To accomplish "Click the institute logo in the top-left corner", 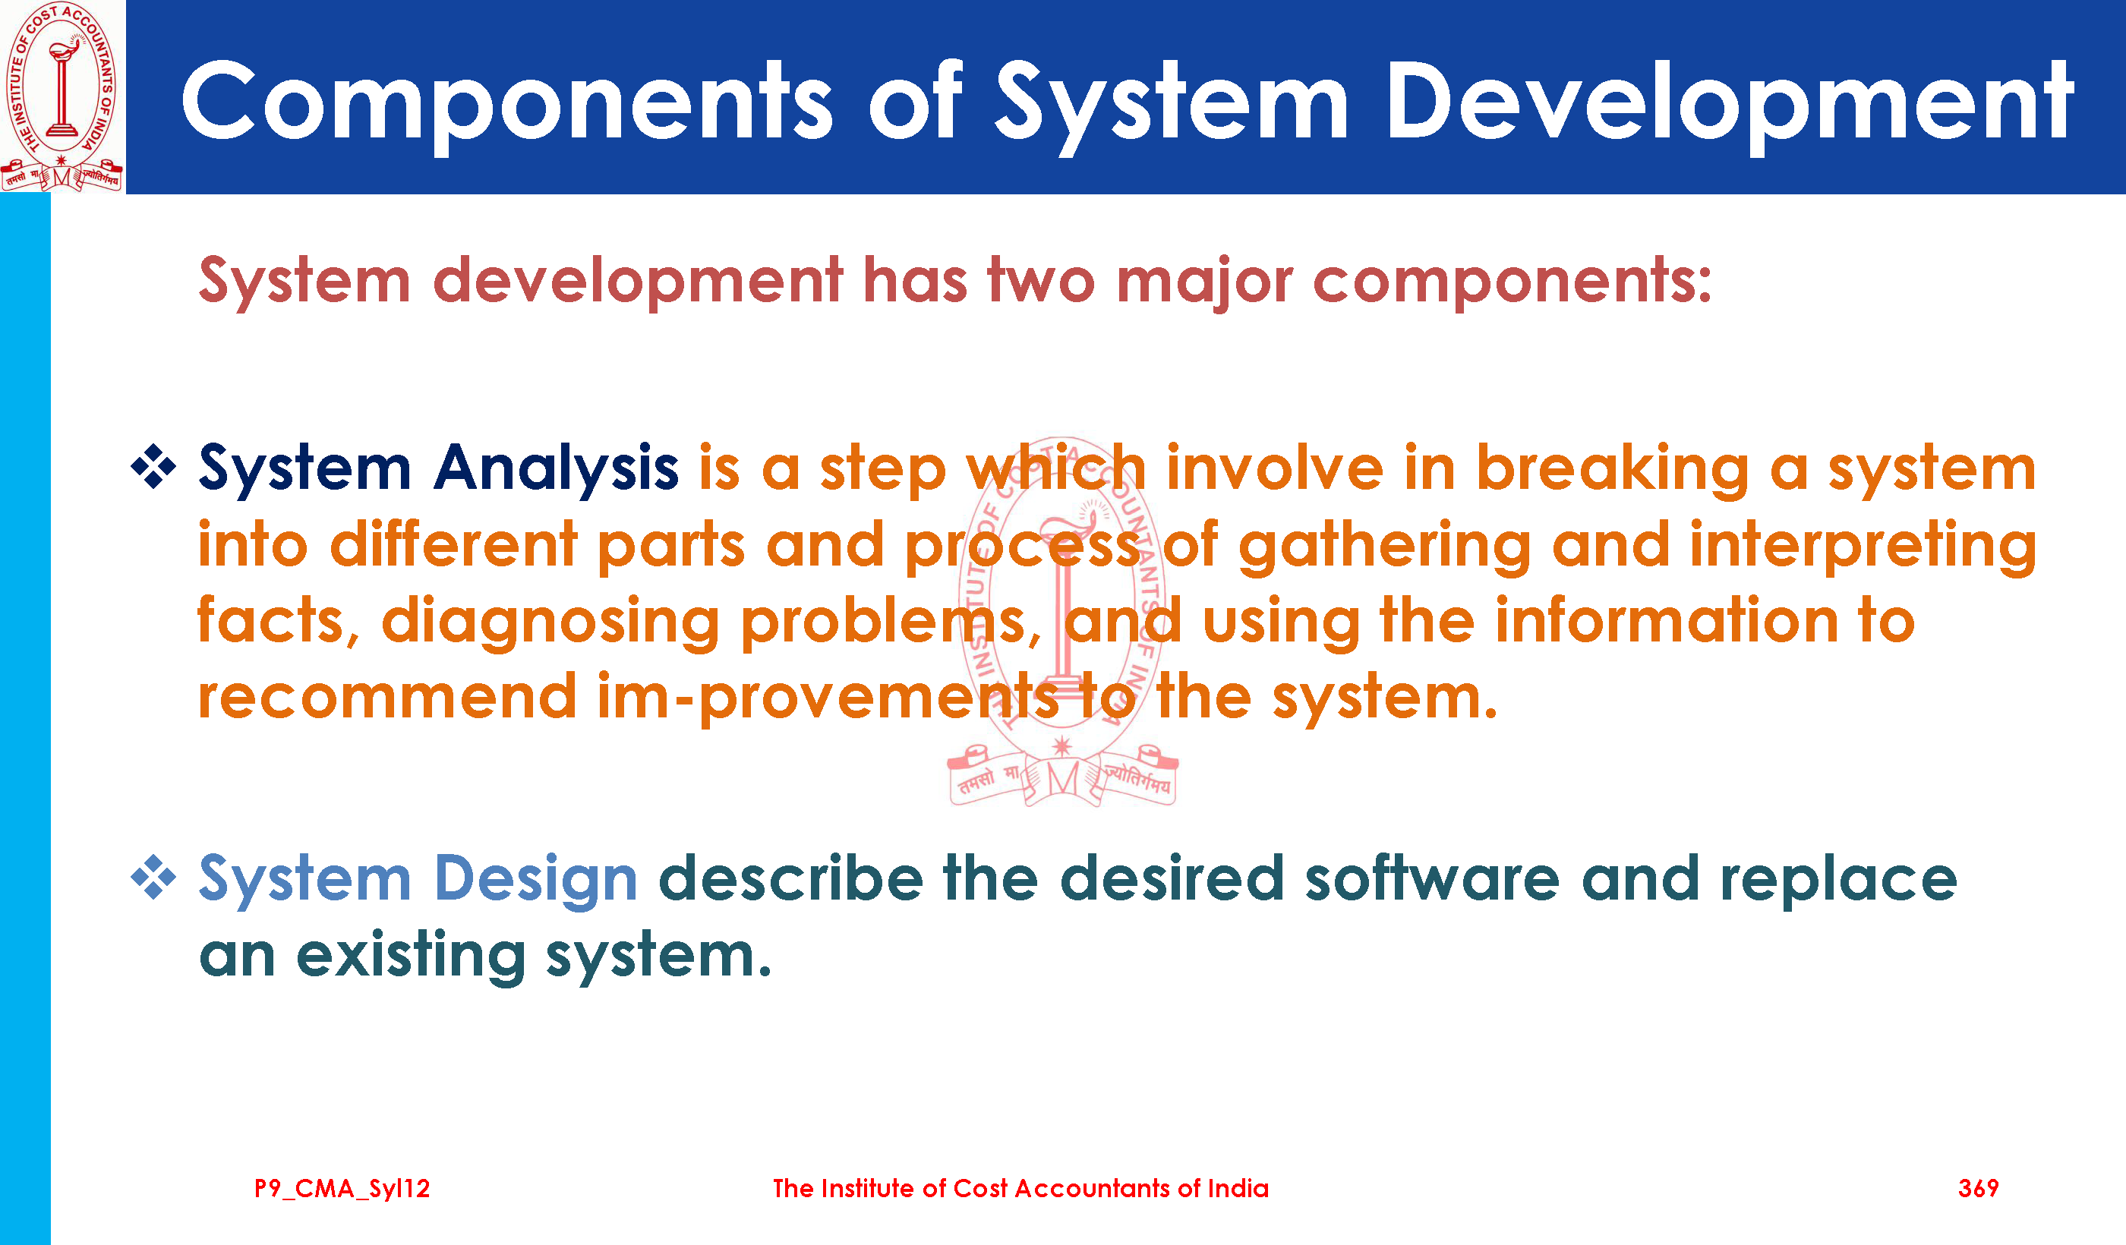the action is click(62, 96).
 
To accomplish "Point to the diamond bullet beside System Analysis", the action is click(153, 465).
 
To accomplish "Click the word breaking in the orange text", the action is click(1612, 470).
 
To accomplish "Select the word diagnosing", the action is click(550, 622).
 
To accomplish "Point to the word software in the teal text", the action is click(1433, 879).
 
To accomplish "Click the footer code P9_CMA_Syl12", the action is click(342, 1190).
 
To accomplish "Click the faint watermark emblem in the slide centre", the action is click(1062, 622).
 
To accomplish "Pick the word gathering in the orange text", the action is click(1384, 547).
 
